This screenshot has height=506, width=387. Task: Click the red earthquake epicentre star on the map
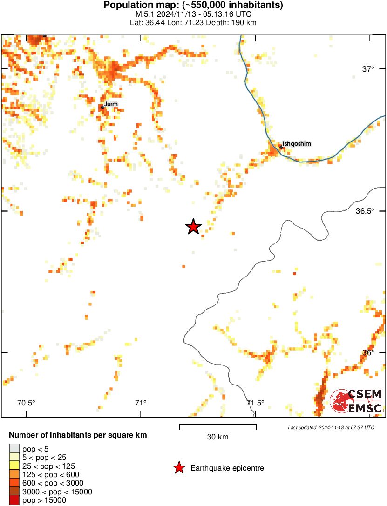[x=193, y=227]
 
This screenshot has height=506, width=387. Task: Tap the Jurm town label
[x=111, y=103]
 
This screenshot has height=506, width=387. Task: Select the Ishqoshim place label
[x=296, y=144]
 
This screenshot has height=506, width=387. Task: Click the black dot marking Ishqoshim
[x=281, y=147]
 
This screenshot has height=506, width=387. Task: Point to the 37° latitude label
[x=368, y=69]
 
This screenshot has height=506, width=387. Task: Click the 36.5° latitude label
[x=365, y=211]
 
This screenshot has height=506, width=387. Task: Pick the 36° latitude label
[x=368, y=352]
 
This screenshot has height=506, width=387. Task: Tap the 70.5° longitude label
[x=26, y=403]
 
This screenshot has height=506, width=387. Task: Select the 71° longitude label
[x=141, y=403]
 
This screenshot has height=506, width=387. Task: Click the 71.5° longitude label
[x=255, y=403]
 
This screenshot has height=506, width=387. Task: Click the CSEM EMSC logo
[x=357, y=401]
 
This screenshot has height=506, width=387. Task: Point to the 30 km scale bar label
[x=217, y=437]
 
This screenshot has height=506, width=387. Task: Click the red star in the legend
[x=178, y=468]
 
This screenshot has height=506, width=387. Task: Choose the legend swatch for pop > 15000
[x=14, y=500]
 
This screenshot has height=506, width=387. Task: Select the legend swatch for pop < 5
[x=14, y=448]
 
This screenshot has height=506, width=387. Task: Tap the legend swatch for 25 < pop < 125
[x=14, y=466]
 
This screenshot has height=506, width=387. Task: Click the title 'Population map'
[x=140, y=6]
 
